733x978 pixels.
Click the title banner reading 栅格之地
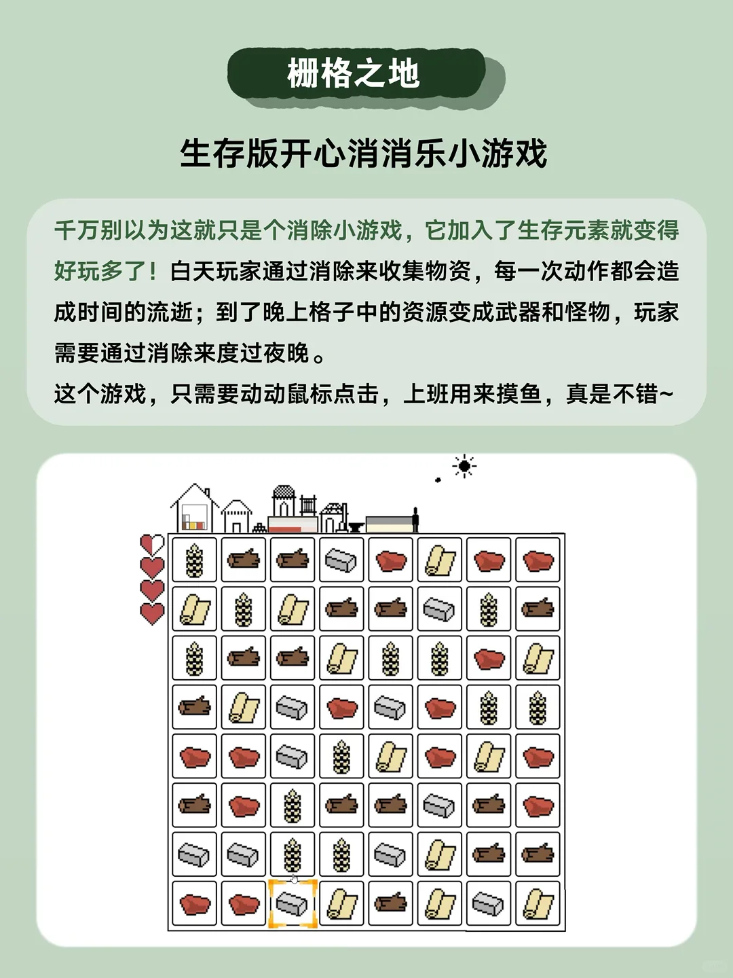(354, 74)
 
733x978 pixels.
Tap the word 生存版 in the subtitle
(229, 153)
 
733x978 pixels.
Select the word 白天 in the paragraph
(193, 271)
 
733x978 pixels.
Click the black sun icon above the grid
(465, 466)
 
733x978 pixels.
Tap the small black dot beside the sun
(438, 480)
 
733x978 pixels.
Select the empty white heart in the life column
(152, 544)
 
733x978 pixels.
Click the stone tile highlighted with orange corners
(293, 904)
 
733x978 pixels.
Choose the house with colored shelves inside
(195, 511)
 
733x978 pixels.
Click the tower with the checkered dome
(283, 503)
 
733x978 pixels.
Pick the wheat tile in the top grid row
(195, 560)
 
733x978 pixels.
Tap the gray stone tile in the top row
(341, 560)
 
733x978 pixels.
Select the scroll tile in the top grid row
(440, 560)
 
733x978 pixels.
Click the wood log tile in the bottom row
(391, 904)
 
